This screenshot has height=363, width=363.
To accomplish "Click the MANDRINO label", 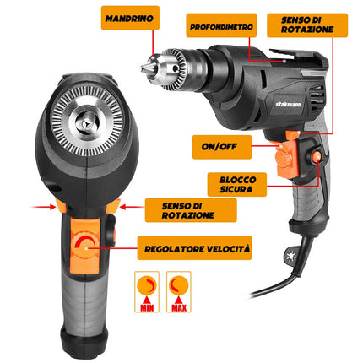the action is pos(130,18).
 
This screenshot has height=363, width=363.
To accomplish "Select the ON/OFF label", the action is pos(222,147).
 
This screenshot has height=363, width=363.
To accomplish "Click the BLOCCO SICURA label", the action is pos(237,184).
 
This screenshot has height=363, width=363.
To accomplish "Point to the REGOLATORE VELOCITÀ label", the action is pos(194,248).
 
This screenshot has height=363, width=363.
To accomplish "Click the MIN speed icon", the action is pos(147,292).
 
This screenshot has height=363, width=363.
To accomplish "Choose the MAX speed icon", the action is pos(179,292).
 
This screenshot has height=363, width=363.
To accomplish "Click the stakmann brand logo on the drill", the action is pos(289,104).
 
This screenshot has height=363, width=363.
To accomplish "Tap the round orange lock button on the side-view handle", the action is pos(317,157).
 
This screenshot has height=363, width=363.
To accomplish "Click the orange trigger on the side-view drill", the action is pos(286,160).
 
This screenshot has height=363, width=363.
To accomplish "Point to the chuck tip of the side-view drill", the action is pos(144,68).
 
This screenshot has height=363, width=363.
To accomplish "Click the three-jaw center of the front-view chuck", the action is pos(87,124).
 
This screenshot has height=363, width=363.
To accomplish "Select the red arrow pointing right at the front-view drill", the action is pos(44,207).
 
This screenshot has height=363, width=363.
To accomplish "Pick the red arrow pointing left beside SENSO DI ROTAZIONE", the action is pos(132,207).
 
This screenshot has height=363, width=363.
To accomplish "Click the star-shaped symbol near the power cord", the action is pos(290,257).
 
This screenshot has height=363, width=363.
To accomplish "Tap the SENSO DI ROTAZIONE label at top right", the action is pos(307,24).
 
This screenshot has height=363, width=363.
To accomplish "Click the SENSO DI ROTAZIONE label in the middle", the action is pos(191,210).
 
